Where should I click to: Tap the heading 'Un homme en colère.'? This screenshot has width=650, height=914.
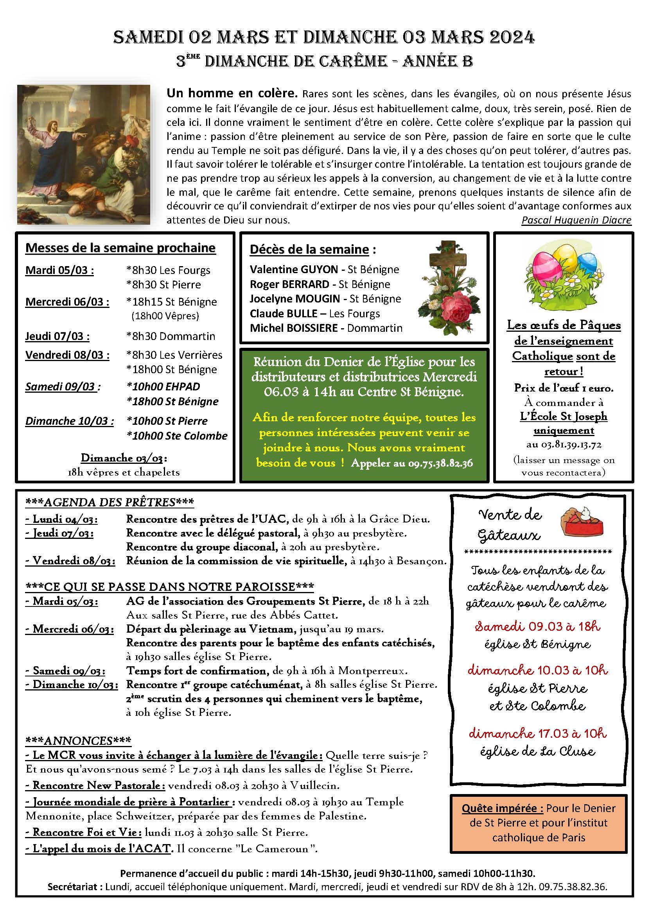click(232, 93)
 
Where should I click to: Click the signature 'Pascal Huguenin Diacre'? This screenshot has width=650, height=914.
click(576, 220)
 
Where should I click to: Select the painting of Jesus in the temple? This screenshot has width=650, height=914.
click(83, 154)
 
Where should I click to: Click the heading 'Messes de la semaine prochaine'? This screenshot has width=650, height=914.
click(120, 248)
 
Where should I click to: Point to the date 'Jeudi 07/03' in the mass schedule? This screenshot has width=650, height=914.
click(57, 336)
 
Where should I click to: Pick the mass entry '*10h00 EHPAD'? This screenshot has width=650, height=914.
click(163, 386)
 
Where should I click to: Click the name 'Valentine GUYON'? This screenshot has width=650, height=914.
click(294, 270)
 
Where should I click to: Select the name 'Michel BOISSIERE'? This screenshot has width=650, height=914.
click(294, 328)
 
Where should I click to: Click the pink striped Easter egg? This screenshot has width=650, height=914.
click(546, 265)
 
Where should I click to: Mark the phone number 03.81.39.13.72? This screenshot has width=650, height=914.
click(564, 445)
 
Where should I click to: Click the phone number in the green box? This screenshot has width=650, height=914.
click(440, 463)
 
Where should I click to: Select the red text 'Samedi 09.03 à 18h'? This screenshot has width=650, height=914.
click(538, 626)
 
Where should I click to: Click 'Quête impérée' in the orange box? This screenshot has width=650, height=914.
click(502, 808)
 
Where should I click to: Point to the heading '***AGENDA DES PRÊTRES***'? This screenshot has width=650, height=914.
click(110, 503)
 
